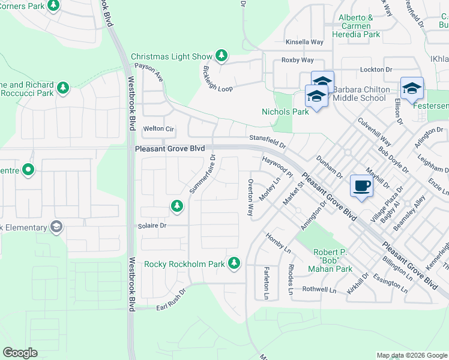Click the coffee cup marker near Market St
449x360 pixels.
(x=361, y=185)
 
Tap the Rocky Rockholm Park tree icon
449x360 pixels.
(x=234, y=263)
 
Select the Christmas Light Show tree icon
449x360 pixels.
(x=221, y=56)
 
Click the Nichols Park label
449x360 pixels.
(x=285, y=111)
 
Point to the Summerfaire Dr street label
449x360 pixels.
(x=202, y=174)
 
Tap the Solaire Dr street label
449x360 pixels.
(x=154, y=226)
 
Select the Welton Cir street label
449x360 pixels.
(x=158, y=128)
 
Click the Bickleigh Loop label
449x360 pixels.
(x=217, y=76)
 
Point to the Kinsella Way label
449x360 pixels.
(x=304, y=42)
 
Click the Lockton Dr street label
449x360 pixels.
(x=375, y=70)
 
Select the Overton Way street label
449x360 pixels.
(x=250, y=197)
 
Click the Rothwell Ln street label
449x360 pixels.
(x=319, y=289)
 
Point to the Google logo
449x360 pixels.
(x=20, y=353)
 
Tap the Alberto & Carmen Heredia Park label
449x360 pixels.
(x=360, y=26)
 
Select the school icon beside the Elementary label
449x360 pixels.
(x=56, y=227)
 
